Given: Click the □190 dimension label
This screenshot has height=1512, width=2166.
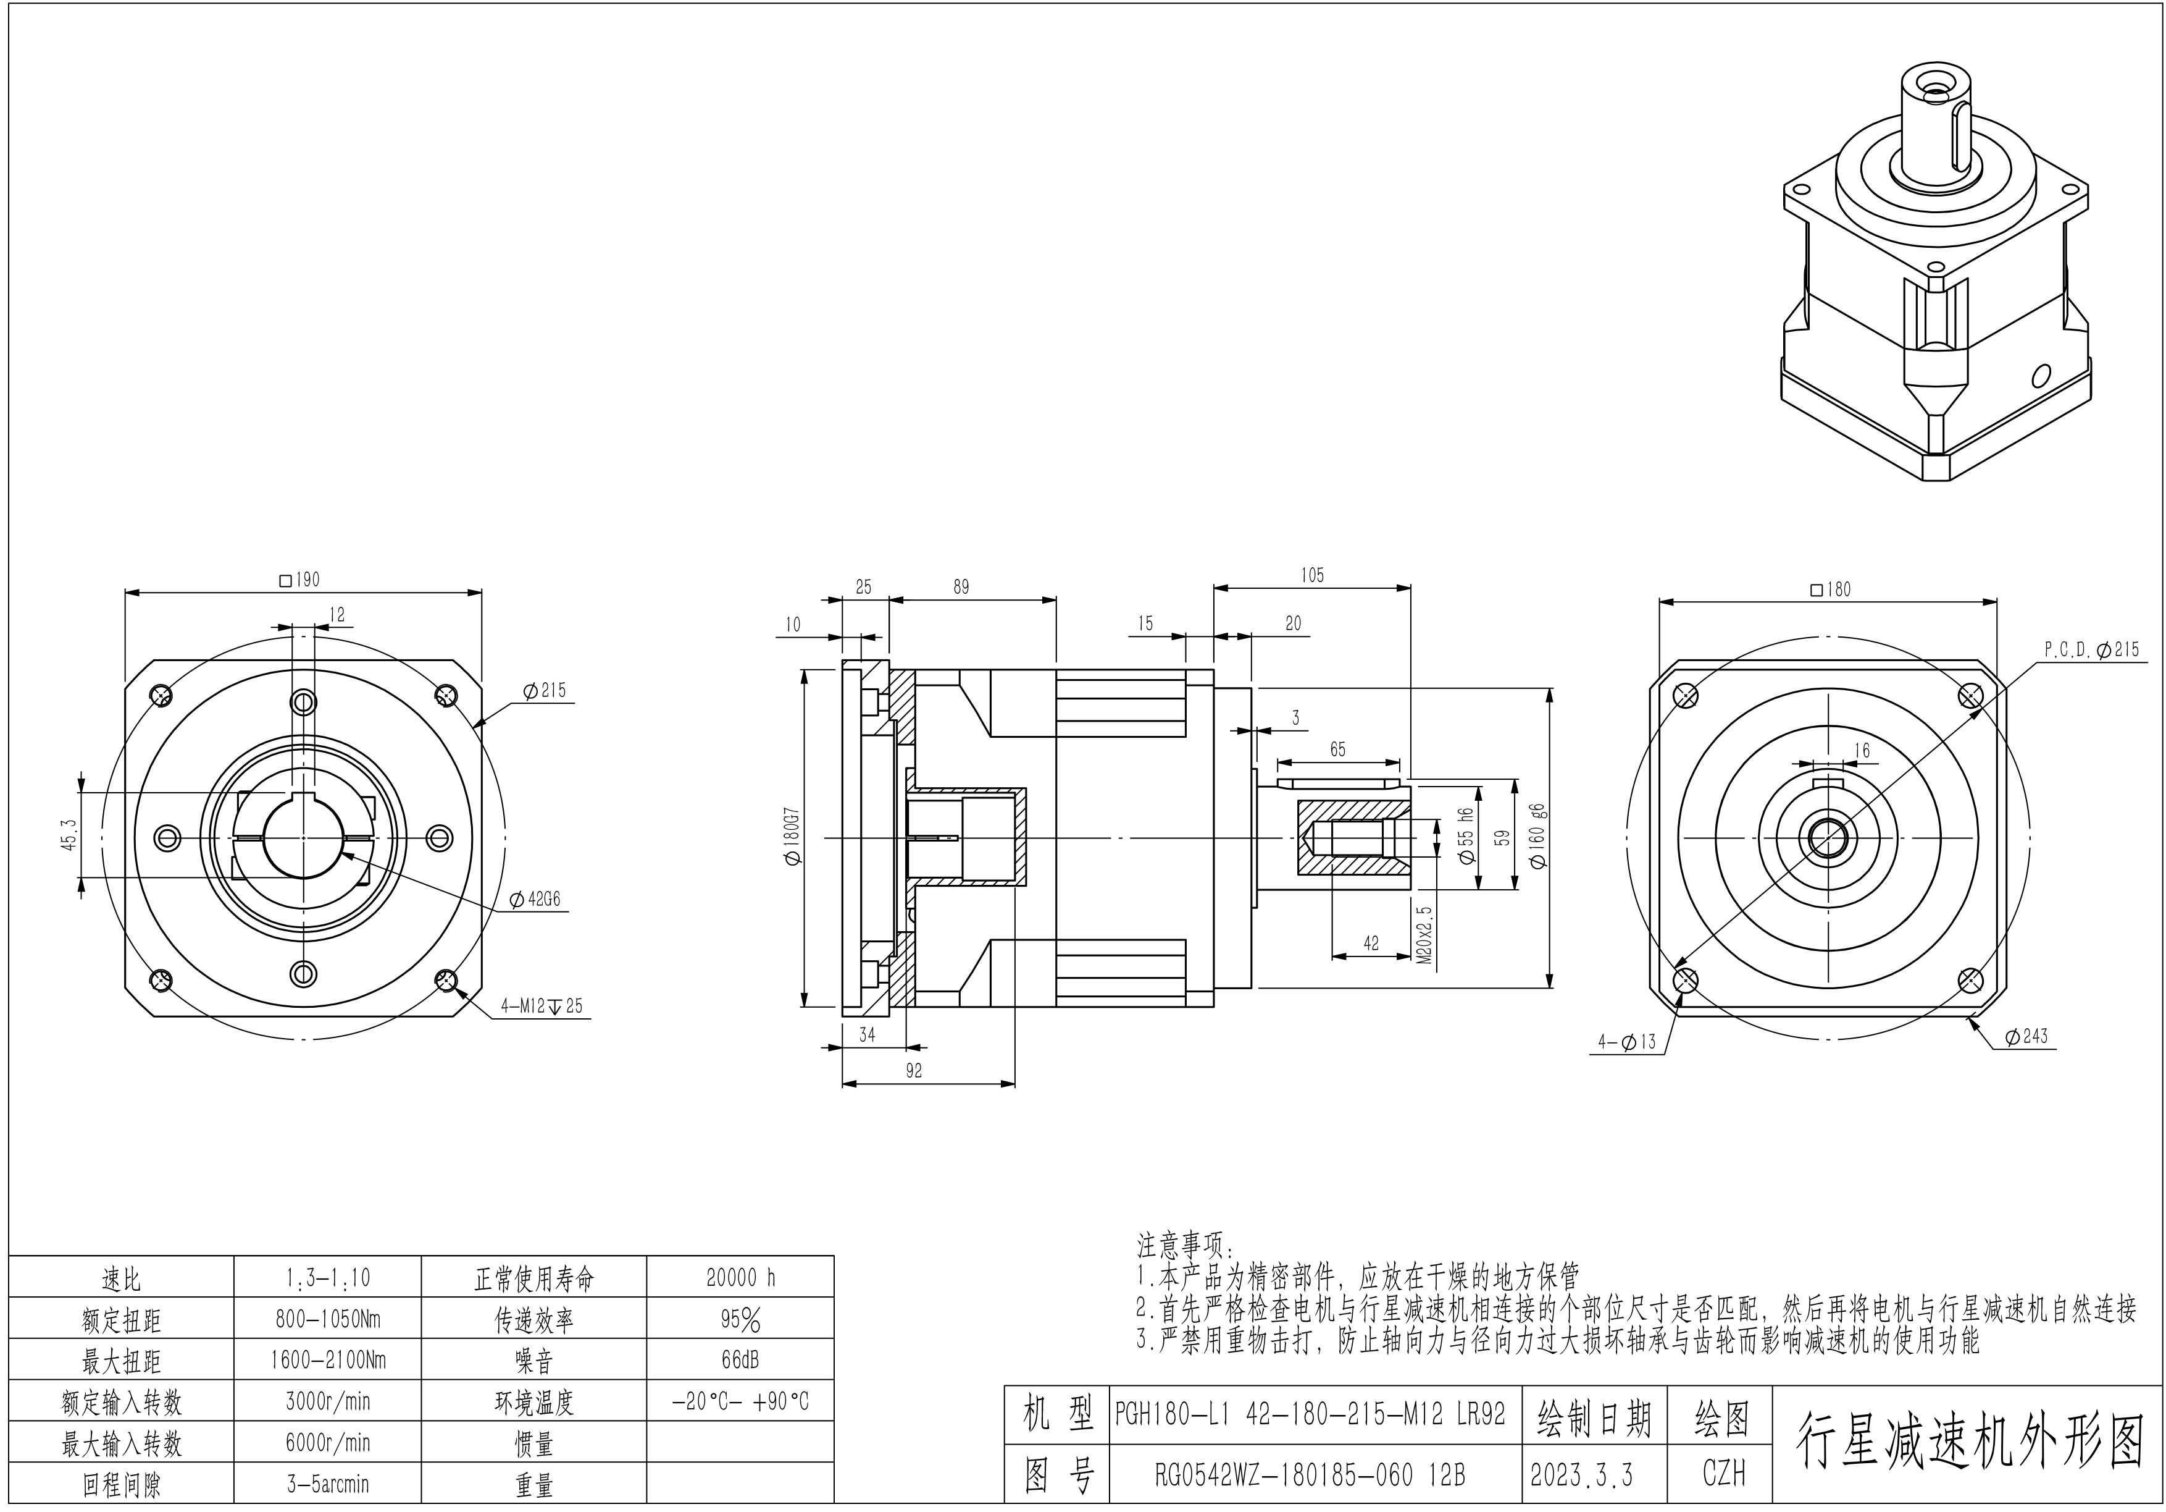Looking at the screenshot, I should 300,580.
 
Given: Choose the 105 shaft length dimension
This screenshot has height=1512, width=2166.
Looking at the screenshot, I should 1311,575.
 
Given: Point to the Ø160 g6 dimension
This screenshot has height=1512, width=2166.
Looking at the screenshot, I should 1537,836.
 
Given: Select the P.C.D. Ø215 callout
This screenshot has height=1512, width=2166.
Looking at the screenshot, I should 2091,649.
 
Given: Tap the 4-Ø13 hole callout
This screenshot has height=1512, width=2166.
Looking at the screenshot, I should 1626,1042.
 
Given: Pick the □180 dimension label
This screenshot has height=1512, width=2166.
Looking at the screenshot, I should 1831,589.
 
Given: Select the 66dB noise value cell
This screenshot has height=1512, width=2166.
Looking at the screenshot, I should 740,1360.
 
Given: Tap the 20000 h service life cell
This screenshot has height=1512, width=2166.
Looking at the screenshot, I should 740,1278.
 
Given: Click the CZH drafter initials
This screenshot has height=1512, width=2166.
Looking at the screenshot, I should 1723,1474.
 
